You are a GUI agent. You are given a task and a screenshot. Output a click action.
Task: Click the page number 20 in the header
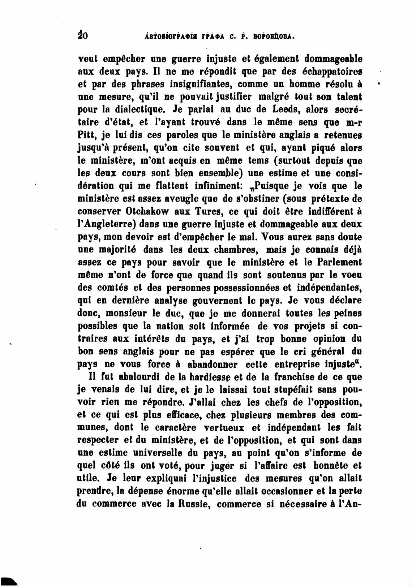coord(83,36)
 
